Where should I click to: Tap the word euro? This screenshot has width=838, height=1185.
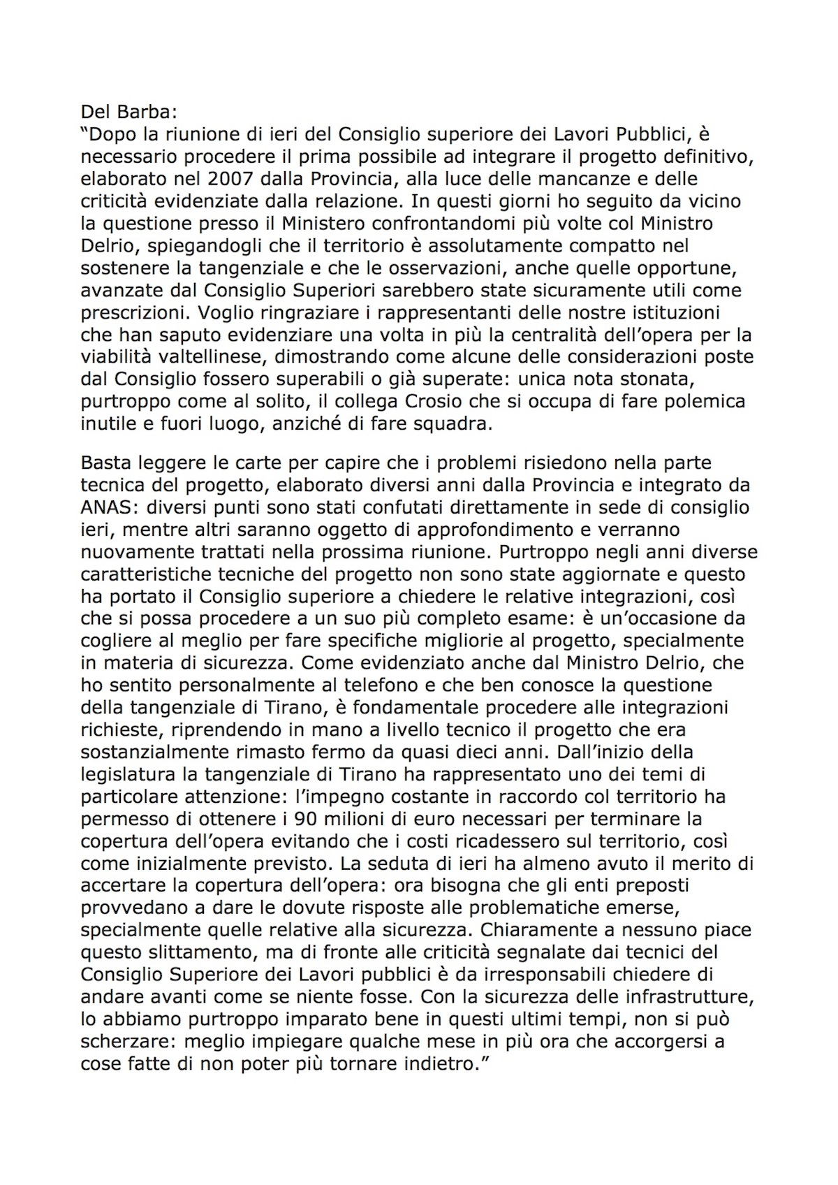[x=451, y=819]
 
